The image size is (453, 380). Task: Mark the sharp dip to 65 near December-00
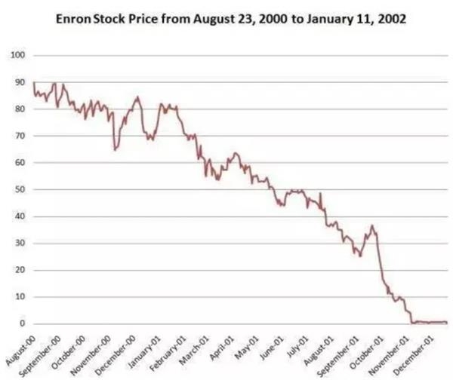click(x=115, y=150)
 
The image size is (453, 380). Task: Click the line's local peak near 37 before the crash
click(x=371, y=225)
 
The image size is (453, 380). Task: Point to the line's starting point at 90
click(x=34, y=83)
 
